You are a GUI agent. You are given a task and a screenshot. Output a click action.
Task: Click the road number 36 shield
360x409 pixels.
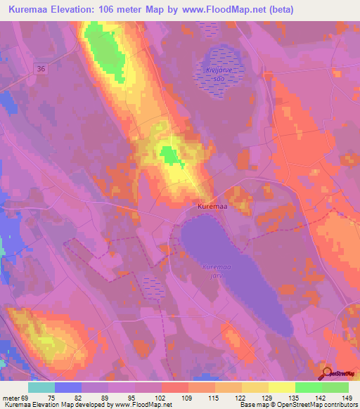[x=41, y=67]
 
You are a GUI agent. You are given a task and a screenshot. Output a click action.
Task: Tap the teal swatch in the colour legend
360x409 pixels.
[x=41, y=387]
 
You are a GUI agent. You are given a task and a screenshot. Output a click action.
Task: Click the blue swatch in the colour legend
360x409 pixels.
[x=68, y=387]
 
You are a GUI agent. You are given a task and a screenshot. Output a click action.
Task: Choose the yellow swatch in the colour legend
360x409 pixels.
[x=281, y=387]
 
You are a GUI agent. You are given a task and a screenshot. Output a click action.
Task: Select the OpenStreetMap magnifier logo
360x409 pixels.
[x=326, y=373]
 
